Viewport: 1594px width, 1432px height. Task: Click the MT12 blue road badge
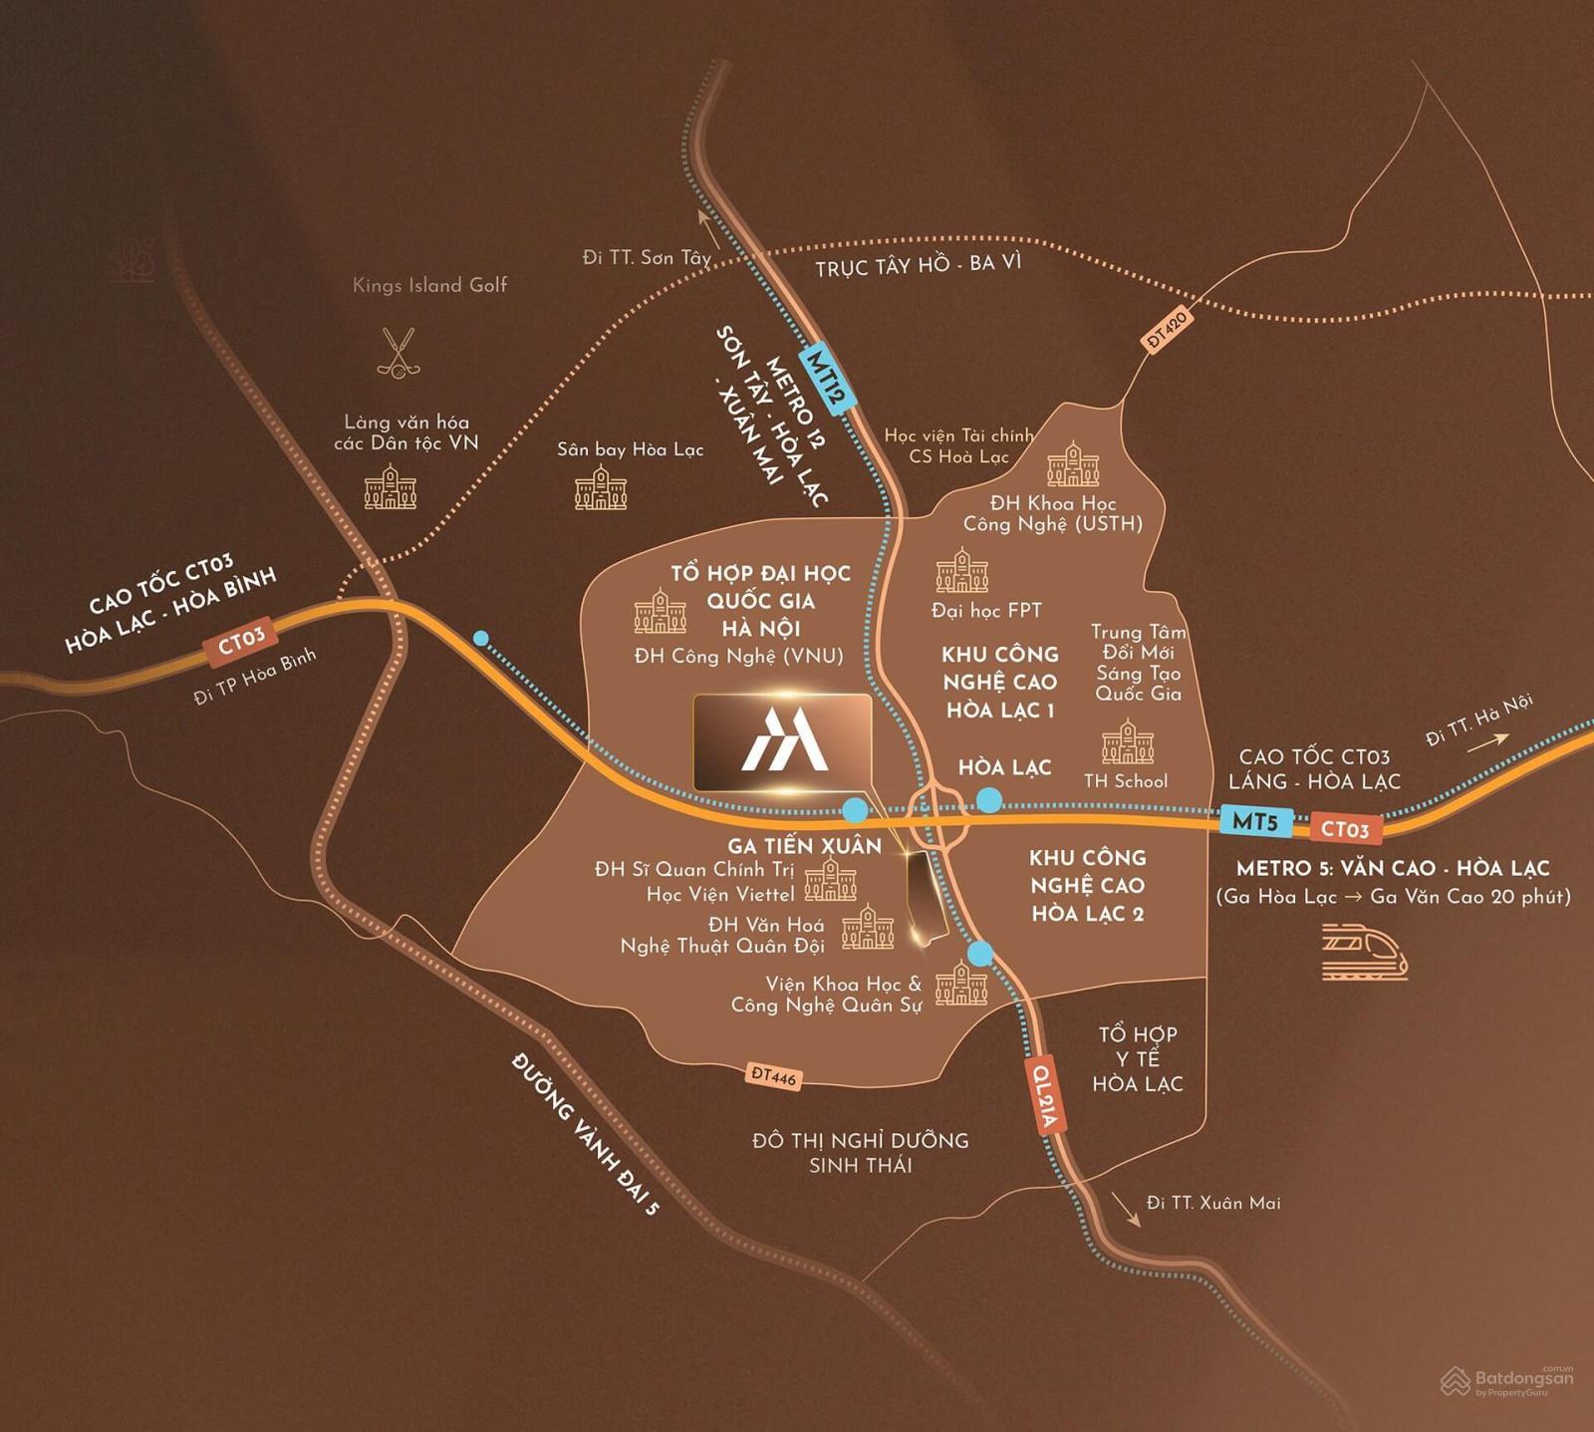(x=828, y=379)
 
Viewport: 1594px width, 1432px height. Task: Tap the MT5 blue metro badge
(x=1255, y=822)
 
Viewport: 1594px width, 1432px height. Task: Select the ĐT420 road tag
(x=1166, y=328)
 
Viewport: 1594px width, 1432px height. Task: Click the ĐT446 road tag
(x=773, y=1075)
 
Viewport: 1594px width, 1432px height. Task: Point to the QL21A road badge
(x=1045, y=1095)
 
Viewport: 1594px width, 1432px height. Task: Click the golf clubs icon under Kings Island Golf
(x=398, y=353)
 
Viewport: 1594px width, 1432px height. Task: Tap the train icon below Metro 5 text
(x=1364, y=952)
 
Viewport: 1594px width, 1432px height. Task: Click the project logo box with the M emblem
(x=782, y=743)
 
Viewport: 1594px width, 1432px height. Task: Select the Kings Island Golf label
(x=429, y=285)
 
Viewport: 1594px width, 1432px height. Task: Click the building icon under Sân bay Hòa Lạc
(x=601, y=488)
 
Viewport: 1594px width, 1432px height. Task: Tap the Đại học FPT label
(x=986, y=610)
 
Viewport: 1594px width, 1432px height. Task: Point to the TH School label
(x=1126, y=781)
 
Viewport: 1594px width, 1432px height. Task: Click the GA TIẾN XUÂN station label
(x=804, y=846)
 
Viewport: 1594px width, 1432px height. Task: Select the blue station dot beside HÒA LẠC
(x=989, y=799)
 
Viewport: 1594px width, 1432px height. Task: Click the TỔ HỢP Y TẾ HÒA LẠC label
(x=1138, y=1058)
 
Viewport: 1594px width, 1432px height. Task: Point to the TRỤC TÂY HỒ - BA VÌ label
(x=918, y=266)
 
